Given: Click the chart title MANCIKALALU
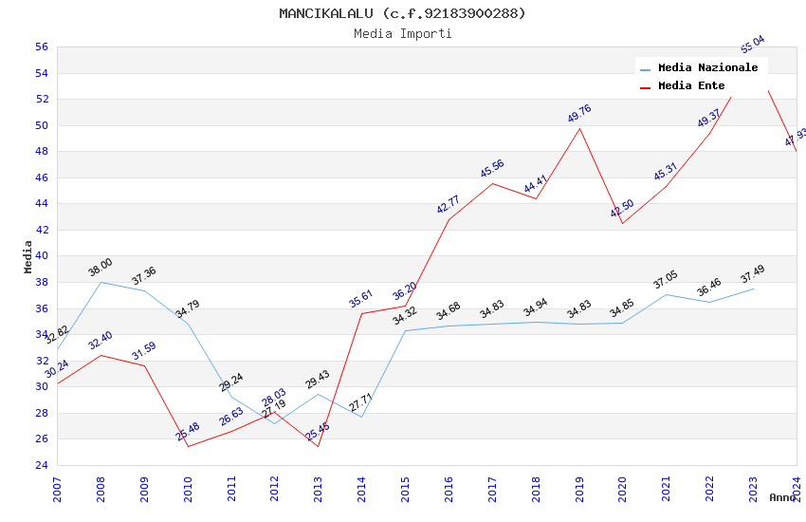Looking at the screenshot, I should point(402,13).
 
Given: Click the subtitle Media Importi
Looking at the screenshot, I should point(402,34).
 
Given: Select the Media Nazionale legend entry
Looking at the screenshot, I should point(707,68).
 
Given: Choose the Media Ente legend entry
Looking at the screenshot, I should point(690,86).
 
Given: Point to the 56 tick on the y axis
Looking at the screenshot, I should point(41,47).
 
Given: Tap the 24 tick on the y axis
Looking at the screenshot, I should point(41,465).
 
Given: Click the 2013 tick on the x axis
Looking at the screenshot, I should point(319,489).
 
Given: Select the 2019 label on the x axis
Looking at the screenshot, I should point(580,489).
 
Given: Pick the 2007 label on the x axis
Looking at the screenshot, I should point(57,489).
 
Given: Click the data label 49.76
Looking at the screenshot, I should point(578,113).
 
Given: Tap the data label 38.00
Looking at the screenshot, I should point(100,268).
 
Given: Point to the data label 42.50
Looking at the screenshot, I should point(622,209).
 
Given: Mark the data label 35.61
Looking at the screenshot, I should point(360,299).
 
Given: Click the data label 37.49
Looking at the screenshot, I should point(752,273).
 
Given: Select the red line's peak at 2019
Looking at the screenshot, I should point(580,128).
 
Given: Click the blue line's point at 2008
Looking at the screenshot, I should point(101,282).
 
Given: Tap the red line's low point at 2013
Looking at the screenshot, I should point(319,446).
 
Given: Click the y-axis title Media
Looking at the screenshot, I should point(28,256).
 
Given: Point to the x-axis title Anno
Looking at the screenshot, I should point(781,497).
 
